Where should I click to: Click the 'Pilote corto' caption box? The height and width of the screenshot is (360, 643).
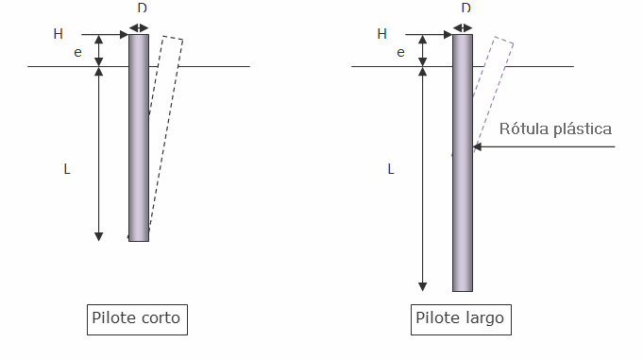(x=137, y=319)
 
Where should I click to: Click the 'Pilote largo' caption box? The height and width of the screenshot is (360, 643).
(x=461, y=319)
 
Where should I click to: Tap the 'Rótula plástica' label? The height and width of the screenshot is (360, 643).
(x=555, y=129)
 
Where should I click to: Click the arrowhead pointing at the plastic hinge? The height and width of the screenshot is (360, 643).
(x=477, y=146)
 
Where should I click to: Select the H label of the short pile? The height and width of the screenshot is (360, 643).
(x=59, y=34)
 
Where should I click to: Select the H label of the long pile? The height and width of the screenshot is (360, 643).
(x=381, y=34)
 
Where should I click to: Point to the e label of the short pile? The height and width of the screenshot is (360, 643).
(x=77, y=53)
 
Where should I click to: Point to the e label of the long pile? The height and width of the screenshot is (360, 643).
(x=400, y=53)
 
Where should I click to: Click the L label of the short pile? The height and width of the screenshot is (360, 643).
(x=67, y=169)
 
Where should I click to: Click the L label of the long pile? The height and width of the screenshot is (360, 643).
(x=391, y=169)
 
